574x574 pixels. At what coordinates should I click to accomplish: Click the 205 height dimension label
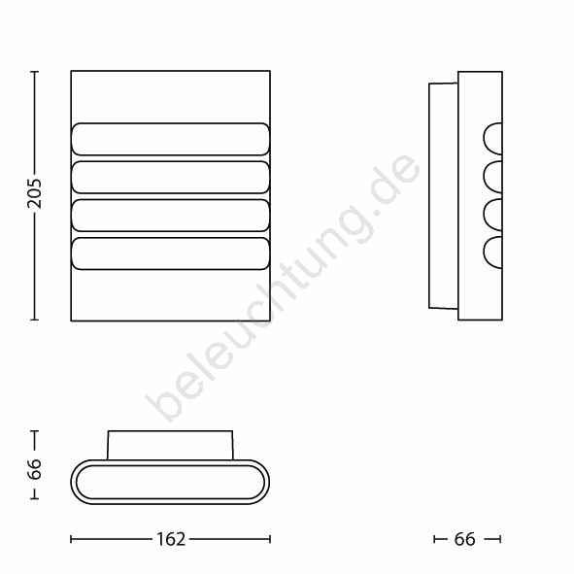pyautogui.click(x=34, y=194)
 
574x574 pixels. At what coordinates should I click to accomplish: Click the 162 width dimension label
pyautogui.click(x=171, y=539)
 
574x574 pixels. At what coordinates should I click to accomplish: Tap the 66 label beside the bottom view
pyautogui.click(x=34, y=469)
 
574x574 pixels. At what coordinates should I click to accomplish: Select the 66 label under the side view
pyautogui.click(x=465, y=539)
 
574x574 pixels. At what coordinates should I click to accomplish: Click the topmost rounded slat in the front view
pyautogui.click(x=171, y=139)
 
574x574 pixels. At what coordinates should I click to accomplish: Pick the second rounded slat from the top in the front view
pyautogui.click(x=171, y=177)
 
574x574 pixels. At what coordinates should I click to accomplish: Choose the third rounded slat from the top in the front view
pyautogui.click(x=171, y=216)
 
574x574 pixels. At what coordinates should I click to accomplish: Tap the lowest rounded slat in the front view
pyautogui.click(x=171, y=253)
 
